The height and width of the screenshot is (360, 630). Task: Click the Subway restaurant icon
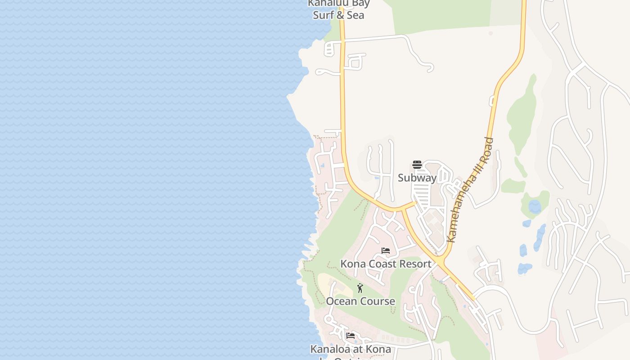[417, 165]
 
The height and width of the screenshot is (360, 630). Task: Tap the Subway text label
[417, 178]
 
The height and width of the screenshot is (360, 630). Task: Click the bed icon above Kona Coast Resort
[386, 251]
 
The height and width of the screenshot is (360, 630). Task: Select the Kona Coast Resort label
[386, 264]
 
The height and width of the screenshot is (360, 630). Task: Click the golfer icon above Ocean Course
[360, 288]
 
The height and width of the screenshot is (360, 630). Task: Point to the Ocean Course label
[360, 301]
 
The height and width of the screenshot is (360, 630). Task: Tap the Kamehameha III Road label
[471, 190]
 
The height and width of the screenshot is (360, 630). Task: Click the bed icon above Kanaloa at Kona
[351, 336]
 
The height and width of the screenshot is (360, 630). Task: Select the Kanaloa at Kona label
[351, 349]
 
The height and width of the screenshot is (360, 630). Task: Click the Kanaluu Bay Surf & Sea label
[339, 9]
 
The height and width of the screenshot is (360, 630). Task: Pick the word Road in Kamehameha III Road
[487, 148]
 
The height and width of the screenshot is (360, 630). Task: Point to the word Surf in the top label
[324, 15]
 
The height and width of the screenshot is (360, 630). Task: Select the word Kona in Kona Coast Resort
[352, 264]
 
